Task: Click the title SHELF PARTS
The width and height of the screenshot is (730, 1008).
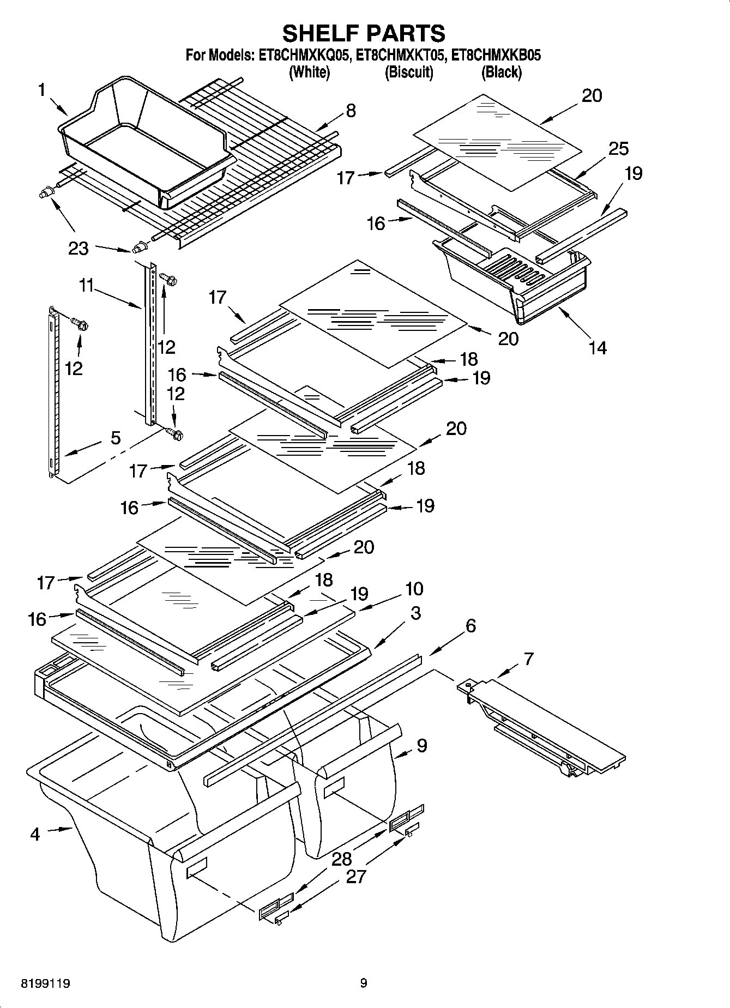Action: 364,33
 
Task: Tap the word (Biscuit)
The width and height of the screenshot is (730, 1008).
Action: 409,72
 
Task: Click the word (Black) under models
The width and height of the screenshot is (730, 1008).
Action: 501,72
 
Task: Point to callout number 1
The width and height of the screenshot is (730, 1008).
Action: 41,90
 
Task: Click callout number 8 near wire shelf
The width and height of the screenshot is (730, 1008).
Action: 351,111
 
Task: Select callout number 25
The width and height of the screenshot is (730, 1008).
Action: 618,149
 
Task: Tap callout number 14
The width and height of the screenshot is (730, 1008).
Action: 598,347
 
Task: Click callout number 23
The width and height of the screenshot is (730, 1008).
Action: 79,249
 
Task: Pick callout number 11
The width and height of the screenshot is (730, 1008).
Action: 86,285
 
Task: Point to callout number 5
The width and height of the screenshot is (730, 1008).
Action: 116,437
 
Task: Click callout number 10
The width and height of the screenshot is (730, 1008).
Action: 414,589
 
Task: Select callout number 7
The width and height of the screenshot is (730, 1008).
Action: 528,659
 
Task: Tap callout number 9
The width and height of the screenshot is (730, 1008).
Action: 421,746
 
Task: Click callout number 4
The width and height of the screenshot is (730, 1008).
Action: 35,834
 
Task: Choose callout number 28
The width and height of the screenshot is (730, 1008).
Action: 342,860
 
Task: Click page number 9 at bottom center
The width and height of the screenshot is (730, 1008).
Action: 364,983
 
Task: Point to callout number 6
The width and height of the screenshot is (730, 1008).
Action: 470,626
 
